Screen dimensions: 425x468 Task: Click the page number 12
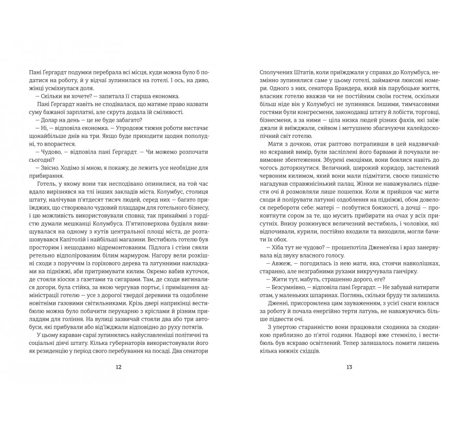pos(119,367)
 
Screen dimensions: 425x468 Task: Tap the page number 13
pos(349,367)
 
